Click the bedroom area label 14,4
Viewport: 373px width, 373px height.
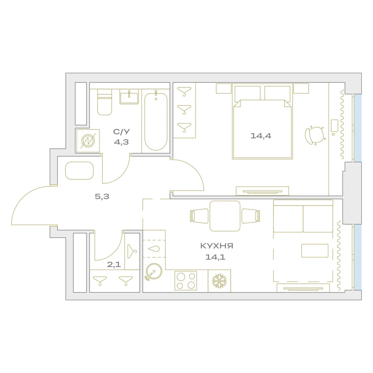(261, 136)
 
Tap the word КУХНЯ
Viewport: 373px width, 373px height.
(217, 246)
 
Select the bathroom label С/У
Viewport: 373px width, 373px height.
(121, 132)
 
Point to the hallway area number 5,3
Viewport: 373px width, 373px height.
(102, 197)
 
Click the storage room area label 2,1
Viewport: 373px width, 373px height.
(114, 264)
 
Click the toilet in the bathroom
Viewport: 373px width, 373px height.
(105, 102)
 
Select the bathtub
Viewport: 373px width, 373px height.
(156, 121)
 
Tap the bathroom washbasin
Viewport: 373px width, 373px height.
(129, 97)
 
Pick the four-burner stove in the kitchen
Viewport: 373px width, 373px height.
(186, 281)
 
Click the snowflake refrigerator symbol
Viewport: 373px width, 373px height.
(219, 281)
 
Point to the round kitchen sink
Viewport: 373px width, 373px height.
(154, 272)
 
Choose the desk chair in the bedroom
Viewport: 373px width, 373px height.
(315, 136)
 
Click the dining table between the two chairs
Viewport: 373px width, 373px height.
(225, 216)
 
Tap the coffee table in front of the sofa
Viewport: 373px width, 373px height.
(315, 251)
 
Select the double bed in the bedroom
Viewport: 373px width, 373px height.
(262, 121)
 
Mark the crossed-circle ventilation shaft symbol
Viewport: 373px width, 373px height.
(88, 141)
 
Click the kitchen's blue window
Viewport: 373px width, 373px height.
(358, 257)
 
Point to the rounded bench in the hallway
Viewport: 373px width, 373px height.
(79, 170)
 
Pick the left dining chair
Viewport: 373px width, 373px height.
(199, 216)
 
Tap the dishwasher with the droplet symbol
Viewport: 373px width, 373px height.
(154, 249)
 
